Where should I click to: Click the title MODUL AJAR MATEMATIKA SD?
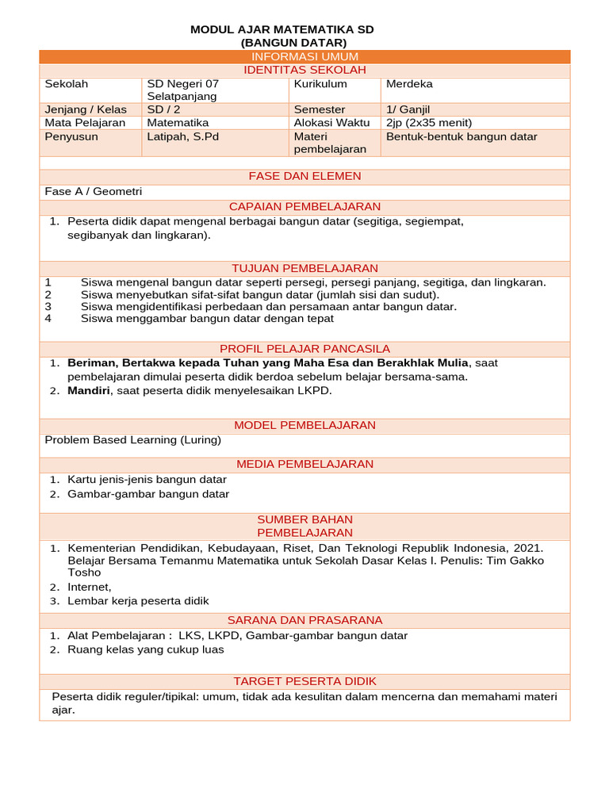tap(282, 29)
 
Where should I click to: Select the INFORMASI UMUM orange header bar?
tap(304, 56)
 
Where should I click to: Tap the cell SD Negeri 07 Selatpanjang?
tap(182, 90)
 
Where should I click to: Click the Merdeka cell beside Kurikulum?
tap(409, 83)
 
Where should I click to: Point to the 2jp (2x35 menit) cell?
tap(428, 123)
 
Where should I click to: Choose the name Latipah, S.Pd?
tap(182, 136)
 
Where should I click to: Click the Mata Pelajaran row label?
tap(85, 123)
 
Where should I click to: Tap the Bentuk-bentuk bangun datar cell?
tap(462, 136)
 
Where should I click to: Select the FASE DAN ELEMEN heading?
tap(304, 176)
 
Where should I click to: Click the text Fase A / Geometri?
tap(94, 191)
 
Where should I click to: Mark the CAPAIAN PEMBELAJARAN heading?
tap(304, 206)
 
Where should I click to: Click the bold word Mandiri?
tap(89, 391)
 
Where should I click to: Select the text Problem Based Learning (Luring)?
tap(132, 440)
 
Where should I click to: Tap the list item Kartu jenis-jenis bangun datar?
tap(147, 480)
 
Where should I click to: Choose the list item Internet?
tap(89, 587)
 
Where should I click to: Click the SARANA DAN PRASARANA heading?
tap(304, 620)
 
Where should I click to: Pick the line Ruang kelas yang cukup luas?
tap(146, 649)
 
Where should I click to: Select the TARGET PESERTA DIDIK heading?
tap(304, 681)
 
